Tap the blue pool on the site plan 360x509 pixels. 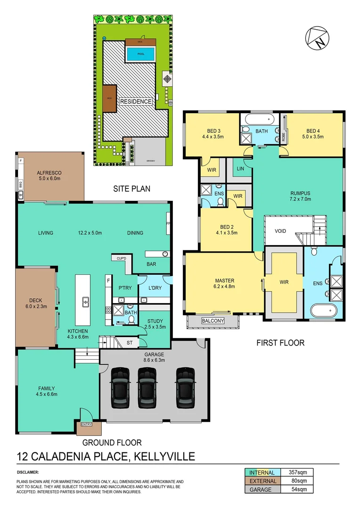[140, 54]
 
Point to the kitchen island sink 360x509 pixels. [86, 301]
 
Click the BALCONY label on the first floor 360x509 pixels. [213, 321]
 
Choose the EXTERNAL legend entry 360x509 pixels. [262, 481]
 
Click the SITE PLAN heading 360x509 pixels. [131, 189]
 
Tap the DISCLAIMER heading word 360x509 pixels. [28, 472]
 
